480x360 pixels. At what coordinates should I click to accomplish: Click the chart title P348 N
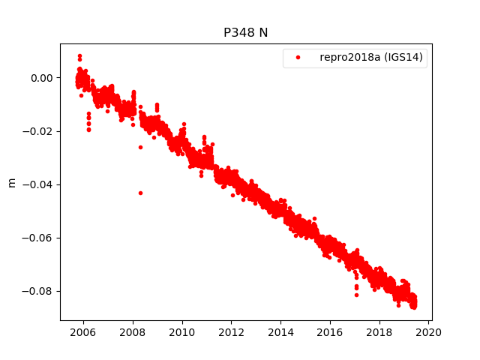pyautogui.click(x=245, y=33)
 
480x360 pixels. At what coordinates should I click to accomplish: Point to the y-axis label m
pyautogui.click(x=11, y=182)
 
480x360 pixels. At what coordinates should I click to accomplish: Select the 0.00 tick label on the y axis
pyautogui.click(x=42, y=78)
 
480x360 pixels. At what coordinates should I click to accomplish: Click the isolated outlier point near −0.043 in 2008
pyautogui.click(x=140, y=193)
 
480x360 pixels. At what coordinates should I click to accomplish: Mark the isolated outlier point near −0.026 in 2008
pyautogui.click(x=140, y=147)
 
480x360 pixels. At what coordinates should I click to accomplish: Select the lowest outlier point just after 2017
pyautogui.click(x=356, y=295)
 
